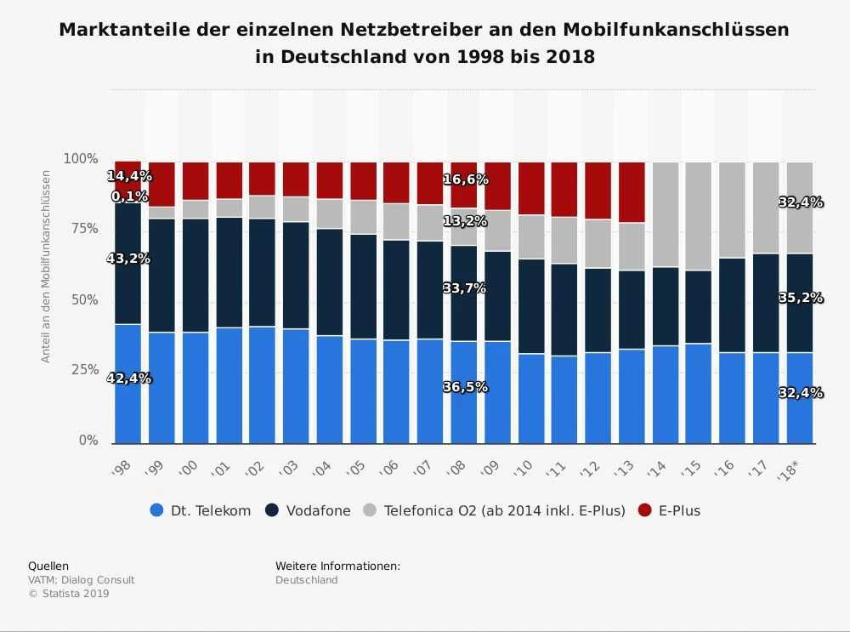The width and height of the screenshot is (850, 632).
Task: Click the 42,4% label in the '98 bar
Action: [128, 379]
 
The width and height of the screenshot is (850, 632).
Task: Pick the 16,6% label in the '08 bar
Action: [465, 180]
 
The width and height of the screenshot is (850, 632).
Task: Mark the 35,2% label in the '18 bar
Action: [801, 299]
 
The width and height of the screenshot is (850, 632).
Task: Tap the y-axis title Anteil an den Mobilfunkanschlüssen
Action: [47, 267]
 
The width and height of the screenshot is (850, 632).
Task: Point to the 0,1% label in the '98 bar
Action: [128, 196]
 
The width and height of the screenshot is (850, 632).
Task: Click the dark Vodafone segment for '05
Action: [364, 287]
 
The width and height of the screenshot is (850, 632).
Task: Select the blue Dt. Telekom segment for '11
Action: [564, 399]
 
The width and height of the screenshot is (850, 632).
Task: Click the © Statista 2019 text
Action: [69, 594]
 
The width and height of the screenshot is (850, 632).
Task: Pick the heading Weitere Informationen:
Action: [337, 567]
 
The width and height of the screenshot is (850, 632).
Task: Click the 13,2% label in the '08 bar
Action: [465, 221]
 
